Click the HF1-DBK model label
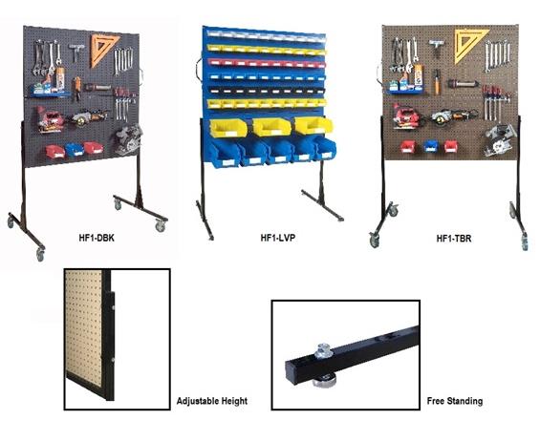97,238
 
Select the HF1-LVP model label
278,238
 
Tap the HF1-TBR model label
454,239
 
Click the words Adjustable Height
212,401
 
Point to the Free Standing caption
455,401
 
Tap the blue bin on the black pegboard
75,149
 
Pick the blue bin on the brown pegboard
430,146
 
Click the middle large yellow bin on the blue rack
271,127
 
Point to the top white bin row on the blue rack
266,35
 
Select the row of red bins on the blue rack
266,63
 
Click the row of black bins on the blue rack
267,91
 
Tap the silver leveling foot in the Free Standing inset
323,351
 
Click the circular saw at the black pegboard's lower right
128,139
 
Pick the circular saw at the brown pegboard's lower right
499,139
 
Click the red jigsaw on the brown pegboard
406,115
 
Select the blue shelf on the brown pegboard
405,92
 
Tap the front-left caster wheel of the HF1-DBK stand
40,254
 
